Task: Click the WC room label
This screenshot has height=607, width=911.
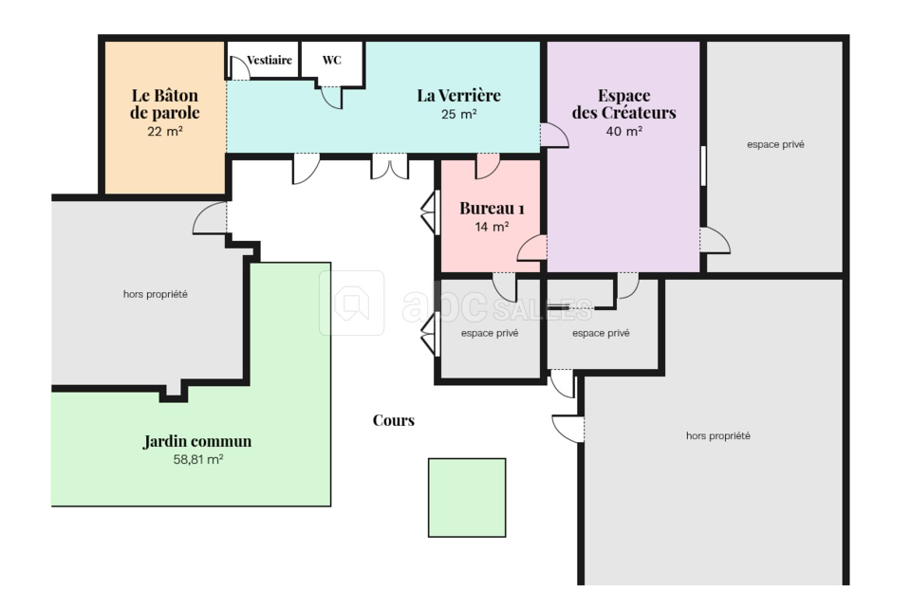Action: click(332, 60)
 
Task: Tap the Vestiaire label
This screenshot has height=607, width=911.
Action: click(270, 60)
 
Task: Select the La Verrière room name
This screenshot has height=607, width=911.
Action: click(459, 95)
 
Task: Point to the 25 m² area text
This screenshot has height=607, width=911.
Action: click(459, 115)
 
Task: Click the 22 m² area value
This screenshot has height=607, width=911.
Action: click(165, 132)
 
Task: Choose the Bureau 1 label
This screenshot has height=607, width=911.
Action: click(493, 208)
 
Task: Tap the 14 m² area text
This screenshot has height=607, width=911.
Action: click(493, 227)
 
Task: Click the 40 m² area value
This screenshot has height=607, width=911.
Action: click(624, 131)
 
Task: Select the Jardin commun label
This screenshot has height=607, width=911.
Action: click(197, 441)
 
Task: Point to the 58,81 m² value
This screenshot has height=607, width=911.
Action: click(198, 459)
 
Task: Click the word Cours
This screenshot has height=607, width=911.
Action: click(394, 420)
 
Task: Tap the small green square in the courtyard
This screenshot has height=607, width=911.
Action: click(467, 498)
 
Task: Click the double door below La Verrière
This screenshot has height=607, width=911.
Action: click(390, 167)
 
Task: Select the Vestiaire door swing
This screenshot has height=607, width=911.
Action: click(240, 68)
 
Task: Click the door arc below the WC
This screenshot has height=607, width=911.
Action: click(332, 98)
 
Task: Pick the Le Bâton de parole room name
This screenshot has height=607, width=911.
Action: click(165, 104)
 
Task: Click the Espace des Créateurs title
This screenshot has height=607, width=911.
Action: click(624, 104)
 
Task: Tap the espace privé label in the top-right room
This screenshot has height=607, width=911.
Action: click(775, 144)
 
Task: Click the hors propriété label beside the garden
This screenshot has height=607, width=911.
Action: click(155, 295)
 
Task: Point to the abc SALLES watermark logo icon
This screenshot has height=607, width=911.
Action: click(351, 303)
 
